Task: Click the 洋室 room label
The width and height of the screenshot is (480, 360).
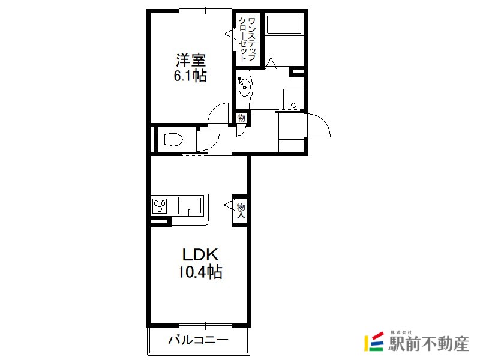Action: (190, 60)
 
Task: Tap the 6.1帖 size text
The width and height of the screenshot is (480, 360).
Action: (190, 76)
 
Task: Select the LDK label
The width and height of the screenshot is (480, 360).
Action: (200, 254)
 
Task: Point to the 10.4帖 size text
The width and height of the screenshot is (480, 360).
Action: (200, 272)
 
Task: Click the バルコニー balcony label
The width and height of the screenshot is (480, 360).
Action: (199, 340)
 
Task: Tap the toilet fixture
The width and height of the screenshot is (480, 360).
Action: (170, 140)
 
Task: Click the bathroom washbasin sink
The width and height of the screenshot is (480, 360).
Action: (245, 86)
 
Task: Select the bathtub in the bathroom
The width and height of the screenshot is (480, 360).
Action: (284, 25)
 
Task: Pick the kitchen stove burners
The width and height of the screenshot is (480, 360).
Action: (160, 206)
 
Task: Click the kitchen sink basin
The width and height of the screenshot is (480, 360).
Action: (190, 205)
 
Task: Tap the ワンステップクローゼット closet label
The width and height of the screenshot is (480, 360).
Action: (247, 39)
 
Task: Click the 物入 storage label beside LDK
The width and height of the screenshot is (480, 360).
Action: (241, 211)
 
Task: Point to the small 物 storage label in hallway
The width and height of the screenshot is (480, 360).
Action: (242, 118)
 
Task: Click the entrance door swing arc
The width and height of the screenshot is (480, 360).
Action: (325, 121)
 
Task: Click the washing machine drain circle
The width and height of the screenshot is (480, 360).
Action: (294, 105)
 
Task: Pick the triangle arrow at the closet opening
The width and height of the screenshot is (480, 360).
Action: (229, 34)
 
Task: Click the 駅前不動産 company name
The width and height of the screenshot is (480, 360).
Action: (428, 343)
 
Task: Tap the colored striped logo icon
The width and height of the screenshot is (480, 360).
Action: (374, 341)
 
